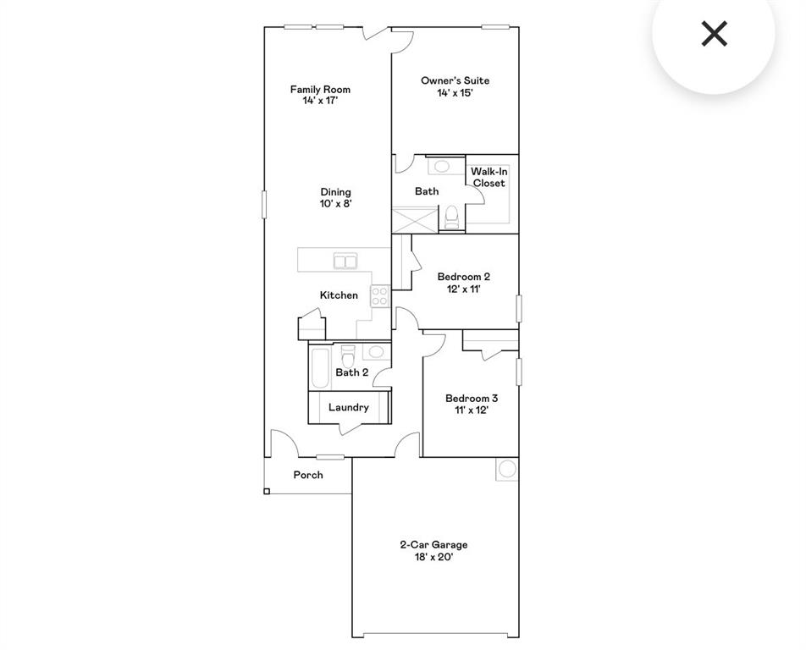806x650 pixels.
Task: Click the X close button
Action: [x=715, y=34]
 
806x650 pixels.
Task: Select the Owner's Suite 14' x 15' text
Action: [x=455, y=87]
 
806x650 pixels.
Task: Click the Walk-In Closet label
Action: [x=489, y=177]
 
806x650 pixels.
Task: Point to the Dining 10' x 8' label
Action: [x=335, y=197]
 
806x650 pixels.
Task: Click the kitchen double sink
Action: [x=345, y=262]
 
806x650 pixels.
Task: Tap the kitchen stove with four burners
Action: [x=380, y=296]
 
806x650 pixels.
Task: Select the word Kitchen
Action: [x=339, y=295]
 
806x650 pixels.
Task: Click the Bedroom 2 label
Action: [x=463, y=283]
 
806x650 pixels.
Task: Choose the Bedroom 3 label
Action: [x=472, y=404]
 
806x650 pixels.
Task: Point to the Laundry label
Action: [x=349, y=407]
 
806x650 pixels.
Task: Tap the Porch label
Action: [x=308, y=475]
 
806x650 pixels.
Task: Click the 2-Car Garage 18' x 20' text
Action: [x=433, y=551]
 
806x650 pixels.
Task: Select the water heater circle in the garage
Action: [x=507, y=469]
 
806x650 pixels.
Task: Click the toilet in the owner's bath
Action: [x=452, y=218]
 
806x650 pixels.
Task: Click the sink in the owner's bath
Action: [x=442, y=166]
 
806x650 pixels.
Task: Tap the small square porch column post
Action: [x=267, y=491]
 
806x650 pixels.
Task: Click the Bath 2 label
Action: [x=352, y=372]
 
